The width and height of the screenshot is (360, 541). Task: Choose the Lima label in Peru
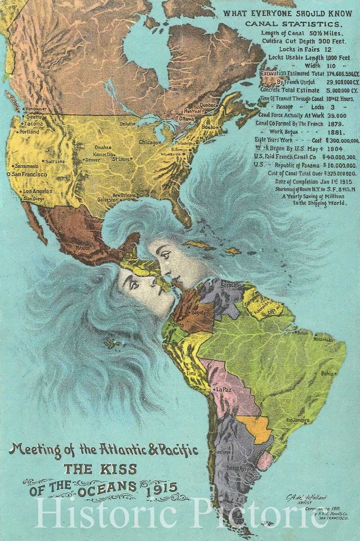tap(191, 374)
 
